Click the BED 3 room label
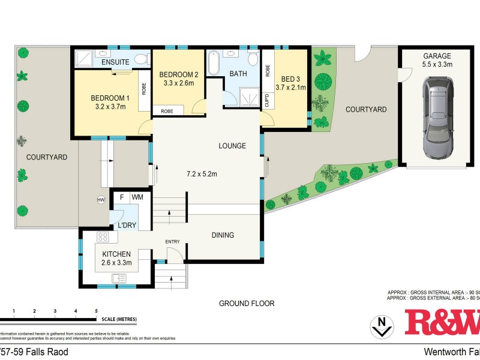tap(290, 78)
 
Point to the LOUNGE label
tap(232, 146)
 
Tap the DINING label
tap(222, 235)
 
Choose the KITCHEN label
tap(116, 254)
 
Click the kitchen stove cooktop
tap(102, 237)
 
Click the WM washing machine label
tap(137, 197)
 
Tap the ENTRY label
tap(173, 242)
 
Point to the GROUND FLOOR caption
tap(247, 304)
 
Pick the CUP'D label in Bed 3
tap(267, 100)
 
